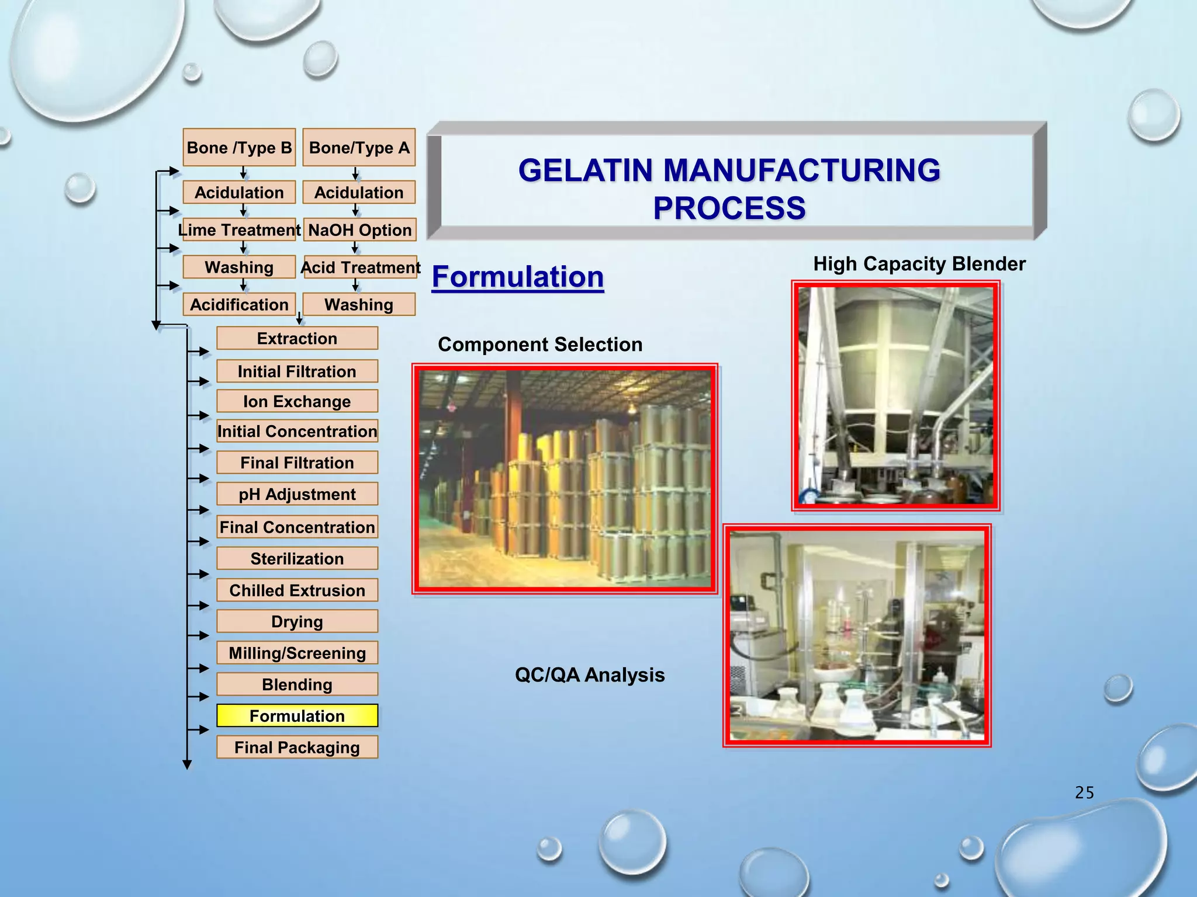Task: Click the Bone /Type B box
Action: click(239, 148)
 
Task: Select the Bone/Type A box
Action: click(359, 148)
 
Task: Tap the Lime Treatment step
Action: click(239, 230)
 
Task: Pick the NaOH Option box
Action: click(359, 230)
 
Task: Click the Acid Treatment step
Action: click(360, 267)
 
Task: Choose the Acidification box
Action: click(239, 305)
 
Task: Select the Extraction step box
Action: click(297, 339)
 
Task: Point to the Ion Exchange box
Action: click(297, 402)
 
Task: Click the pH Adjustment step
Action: click(297, 495)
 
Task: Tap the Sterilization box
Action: click(297, 559)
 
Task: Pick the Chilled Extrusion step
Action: click(297, 590)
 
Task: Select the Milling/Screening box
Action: click(297, 653)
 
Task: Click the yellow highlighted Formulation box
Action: click(297, 716)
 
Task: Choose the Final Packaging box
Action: click(297, 747)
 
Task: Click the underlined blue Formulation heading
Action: click(518, 277)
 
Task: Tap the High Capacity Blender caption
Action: click(919, 264)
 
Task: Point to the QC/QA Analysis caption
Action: click(590, 675)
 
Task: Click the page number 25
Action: click(1084, 792)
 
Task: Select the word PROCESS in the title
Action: click(729, 208)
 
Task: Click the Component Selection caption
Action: click(540, 345)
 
